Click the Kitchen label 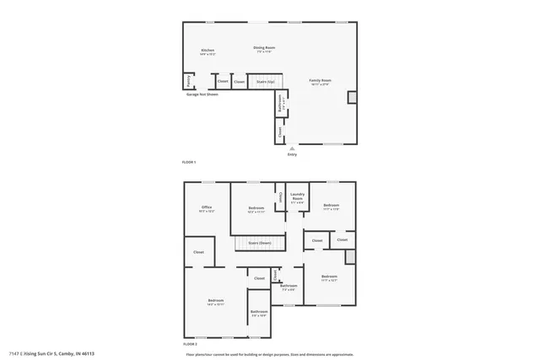(x=208, y=51)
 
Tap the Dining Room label (x=265, y=48)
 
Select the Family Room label (x=321, y=81)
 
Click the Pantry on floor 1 (x=186, y=81)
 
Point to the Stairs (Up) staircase (x=265, y=82)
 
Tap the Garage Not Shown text (x=202, y=94)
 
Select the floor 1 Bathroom (x=280, y=103)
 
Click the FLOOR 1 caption (x=189, y=161)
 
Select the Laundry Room (x=296, y=200)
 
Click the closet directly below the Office (x=198, y=252)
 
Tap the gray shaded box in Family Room (x=352, y=98)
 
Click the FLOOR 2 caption (x=190, y=344)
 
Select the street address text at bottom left (x=51, y=353)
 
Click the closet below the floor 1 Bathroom (x=279, y=131)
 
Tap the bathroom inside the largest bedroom (x=258, y=313)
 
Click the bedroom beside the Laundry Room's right (x=331, y=207)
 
